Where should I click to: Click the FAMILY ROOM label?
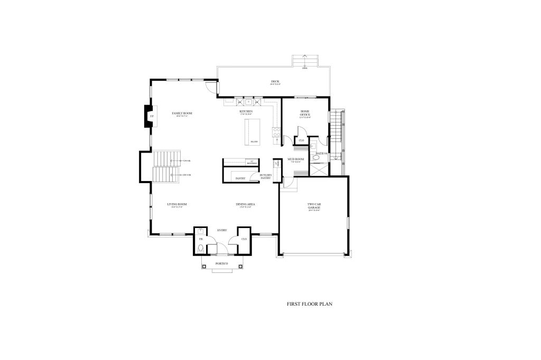181,113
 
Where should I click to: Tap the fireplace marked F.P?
150,116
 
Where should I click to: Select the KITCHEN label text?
246,112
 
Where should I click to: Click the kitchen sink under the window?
248,101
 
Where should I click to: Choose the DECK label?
275,81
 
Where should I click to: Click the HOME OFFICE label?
305,113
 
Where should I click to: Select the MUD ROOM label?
294,159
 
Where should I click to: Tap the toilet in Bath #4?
316,157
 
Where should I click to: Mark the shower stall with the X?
319,169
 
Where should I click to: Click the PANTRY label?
240,178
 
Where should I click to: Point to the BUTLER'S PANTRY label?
265,176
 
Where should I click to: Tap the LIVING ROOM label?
177,204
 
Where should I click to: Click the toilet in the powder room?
200,248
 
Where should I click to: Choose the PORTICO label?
222,263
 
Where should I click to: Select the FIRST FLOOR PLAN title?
309,304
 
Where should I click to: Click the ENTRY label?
222,230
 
